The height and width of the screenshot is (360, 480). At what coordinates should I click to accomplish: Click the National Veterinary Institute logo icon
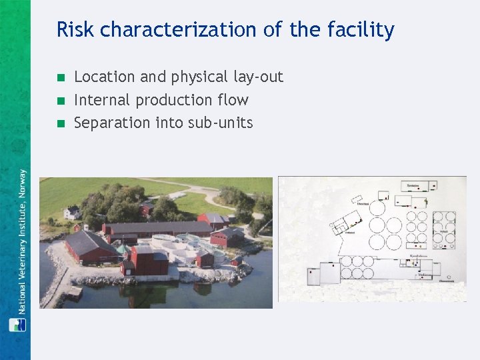coord(16,325)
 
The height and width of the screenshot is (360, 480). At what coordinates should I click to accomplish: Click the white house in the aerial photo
coord(71,213)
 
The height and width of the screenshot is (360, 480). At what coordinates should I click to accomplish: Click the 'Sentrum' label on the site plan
coord(413,184)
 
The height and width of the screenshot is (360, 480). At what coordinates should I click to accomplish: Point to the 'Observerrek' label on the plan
coord(445,281)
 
